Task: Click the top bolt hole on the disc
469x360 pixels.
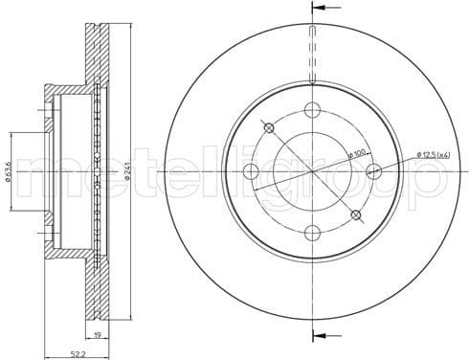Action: coord(312,110)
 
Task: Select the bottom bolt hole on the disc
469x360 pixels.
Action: coord(312,233)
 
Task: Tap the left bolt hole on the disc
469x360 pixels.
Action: coord(251,171)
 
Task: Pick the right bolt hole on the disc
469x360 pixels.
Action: coord(373,171)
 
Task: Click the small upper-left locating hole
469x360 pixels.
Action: coord(269,128)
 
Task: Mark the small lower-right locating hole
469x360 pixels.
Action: coord(356,214)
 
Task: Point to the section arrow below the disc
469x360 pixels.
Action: coord(320,334)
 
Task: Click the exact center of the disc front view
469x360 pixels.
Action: coord(312,171)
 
